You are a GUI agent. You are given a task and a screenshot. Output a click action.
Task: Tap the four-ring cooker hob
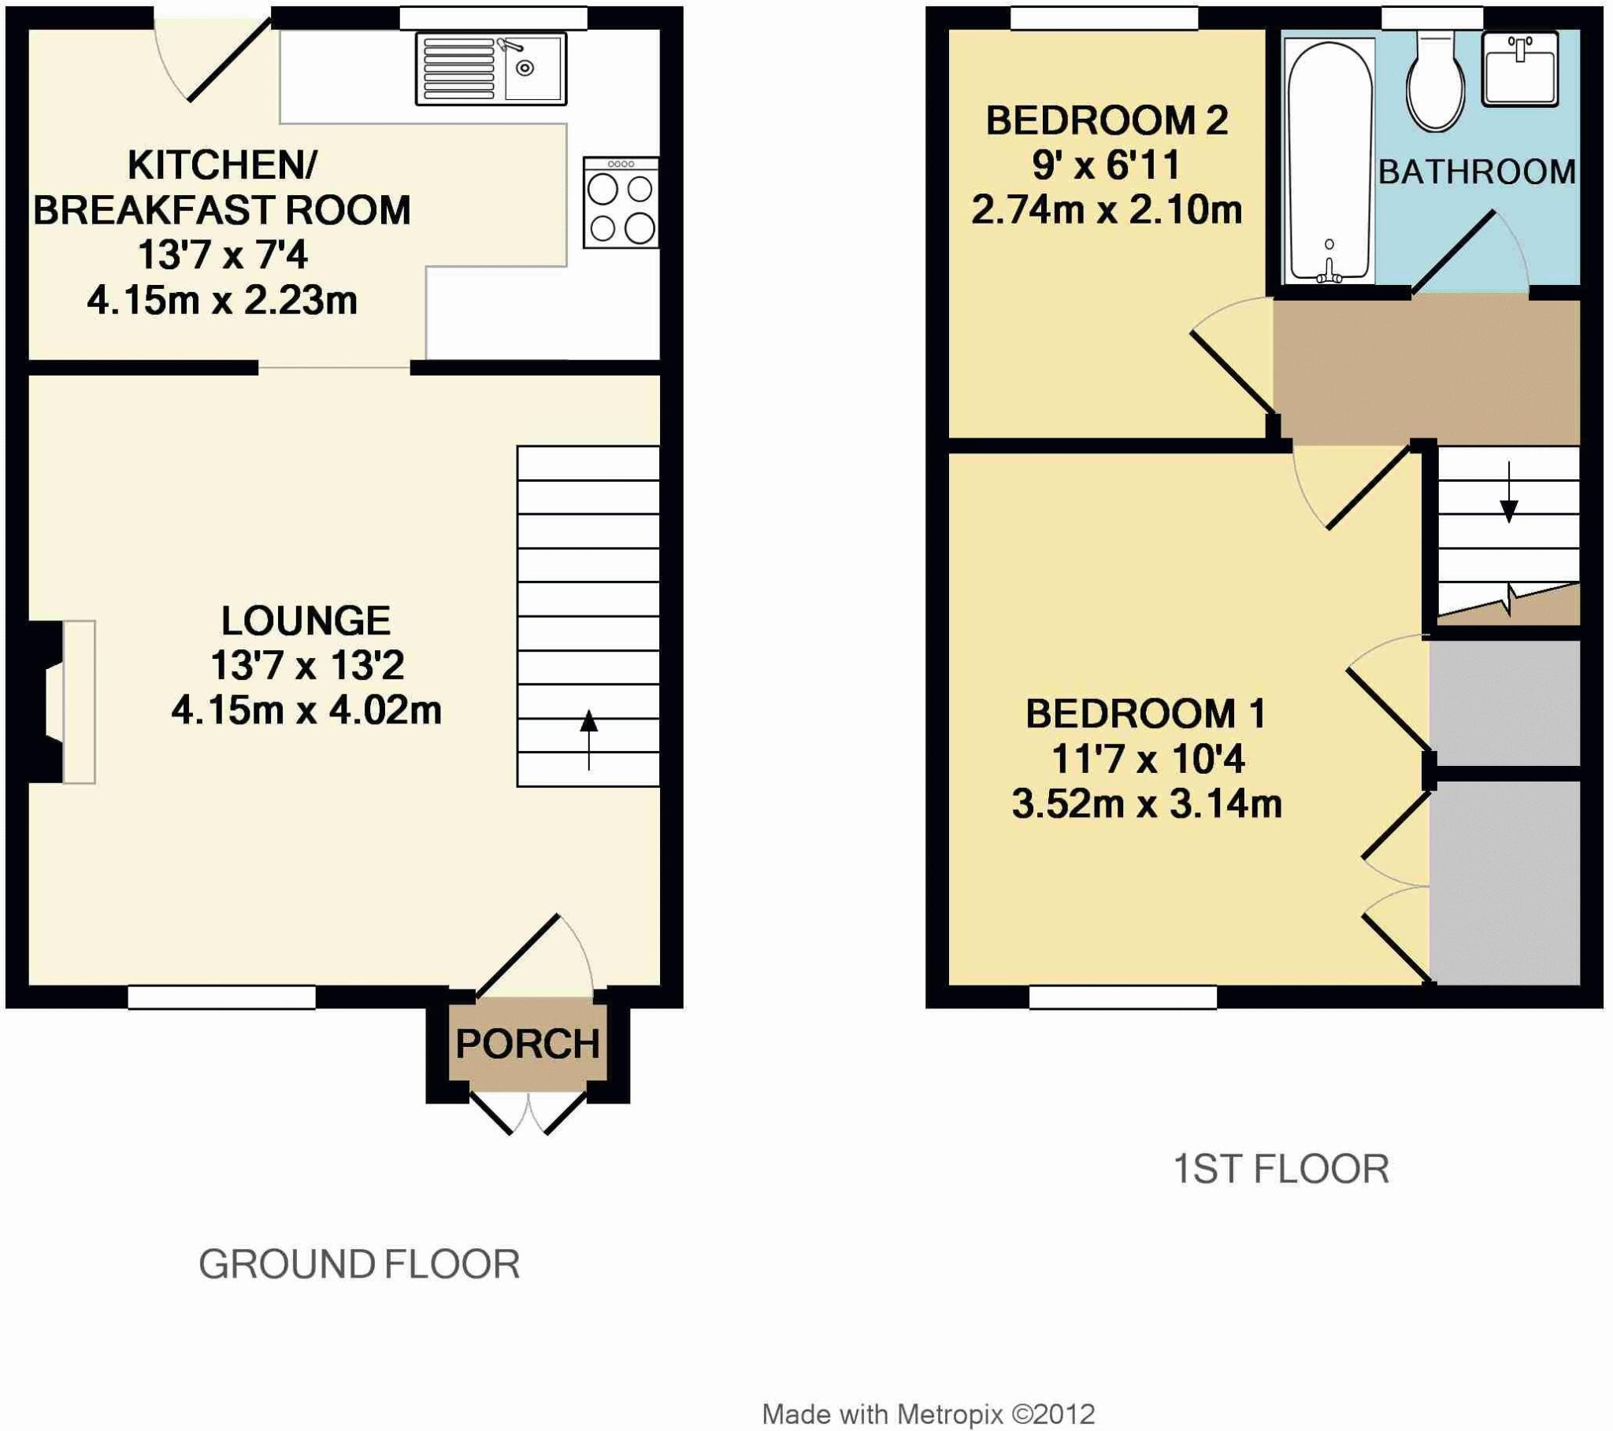[621, 203]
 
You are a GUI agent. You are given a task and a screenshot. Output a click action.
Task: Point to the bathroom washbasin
[1519, 68]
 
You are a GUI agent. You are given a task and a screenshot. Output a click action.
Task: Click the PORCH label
[527, 1045]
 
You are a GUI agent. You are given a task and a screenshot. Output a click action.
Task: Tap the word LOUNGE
[306, 622]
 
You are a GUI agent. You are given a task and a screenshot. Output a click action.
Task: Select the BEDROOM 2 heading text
[1107, 121]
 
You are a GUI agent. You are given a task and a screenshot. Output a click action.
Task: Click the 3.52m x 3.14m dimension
[1147, 804]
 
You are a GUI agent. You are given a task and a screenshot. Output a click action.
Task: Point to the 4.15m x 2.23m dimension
[222, 301]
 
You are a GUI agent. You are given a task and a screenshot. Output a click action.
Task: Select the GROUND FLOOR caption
[359, 1265]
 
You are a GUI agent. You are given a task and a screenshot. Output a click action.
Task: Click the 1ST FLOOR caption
[1281, 1169]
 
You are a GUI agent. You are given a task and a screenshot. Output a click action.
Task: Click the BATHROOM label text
[1477, 172]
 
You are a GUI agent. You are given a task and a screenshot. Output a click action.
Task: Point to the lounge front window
[222, 997]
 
